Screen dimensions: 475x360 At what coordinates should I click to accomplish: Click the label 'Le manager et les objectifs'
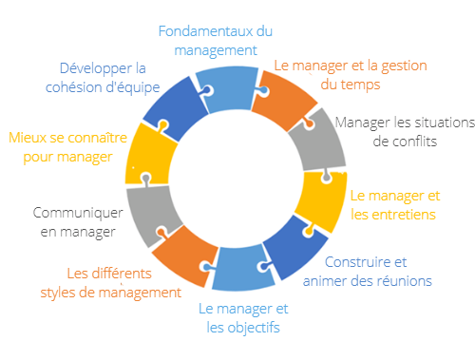pos(243,319)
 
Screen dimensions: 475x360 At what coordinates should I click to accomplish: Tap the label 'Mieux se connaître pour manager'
pos(66,145)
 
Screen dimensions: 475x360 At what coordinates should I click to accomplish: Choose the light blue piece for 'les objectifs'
pos(243,268)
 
